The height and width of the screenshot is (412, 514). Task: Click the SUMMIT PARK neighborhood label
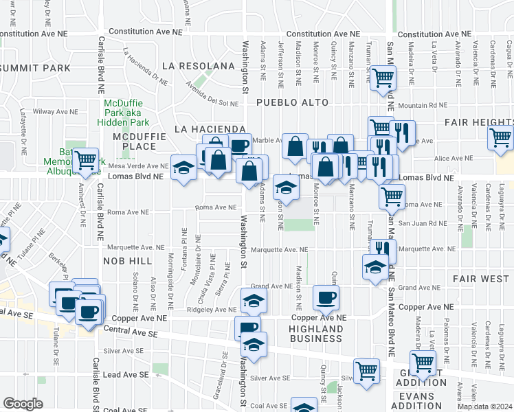tap(36, 68)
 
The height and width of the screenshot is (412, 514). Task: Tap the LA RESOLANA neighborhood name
tap(199, 66)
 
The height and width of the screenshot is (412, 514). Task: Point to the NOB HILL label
tap(127, 261)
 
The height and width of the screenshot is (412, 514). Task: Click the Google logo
tap(23, 403)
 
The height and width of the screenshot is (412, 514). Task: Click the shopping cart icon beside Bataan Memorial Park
tap(86, 161)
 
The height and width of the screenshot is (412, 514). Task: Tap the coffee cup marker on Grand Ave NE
tap(326, 297)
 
